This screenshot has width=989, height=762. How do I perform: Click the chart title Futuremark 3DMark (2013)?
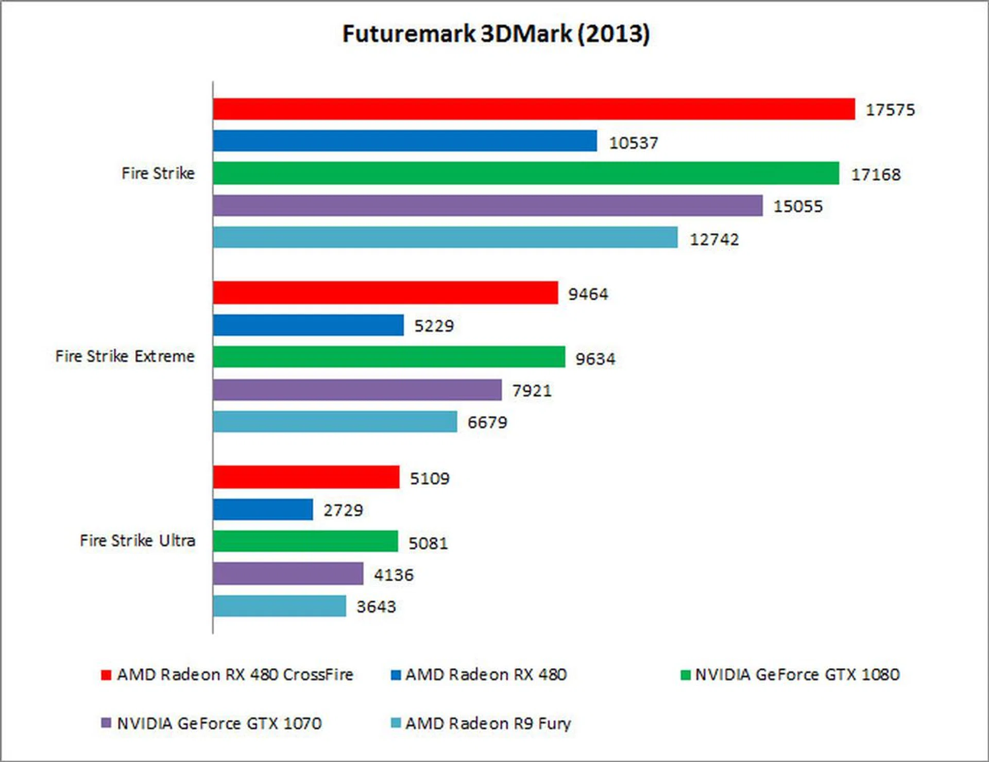pos(496,34)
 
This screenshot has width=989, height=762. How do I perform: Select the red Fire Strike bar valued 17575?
pos(534,109)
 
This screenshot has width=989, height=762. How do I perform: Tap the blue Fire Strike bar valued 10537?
pos(405,141)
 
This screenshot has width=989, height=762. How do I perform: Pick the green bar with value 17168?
pos(525,173)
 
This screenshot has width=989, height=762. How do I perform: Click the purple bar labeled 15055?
pos(487,205)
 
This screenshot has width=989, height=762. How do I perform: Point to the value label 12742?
pos(714,239)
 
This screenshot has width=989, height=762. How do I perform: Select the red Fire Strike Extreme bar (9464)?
pos(385,292)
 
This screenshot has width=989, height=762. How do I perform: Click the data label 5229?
pos(434,326)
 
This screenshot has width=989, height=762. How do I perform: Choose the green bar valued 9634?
pos(389,357)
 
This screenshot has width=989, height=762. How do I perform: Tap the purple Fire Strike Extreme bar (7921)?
pos(357,390)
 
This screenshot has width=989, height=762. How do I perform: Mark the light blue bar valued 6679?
pos(335,422)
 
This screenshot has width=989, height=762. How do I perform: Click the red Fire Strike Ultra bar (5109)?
pos(306,477)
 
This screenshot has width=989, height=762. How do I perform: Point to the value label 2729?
pos(343,510)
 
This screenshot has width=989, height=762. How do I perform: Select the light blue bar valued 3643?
pos(279,606)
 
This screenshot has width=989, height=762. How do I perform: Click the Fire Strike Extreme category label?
pos(125,356)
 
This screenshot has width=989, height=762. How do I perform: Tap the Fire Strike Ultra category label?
pos(138,541)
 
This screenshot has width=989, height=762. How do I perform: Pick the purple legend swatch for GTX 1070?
pos(106,723)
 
